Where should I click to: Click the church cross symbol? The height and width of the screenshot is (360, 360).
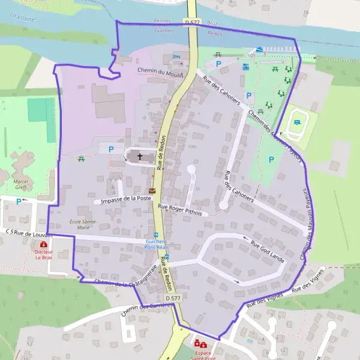(x=140, y=157)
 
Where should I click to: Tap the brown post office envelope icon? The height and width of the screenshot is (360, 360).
(x=152, y=191)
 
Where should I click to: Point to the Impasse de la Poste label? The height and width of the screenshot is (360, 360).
(x=127, y=199)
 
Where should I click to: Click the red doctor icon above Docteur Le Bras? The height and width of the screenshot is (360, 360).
(x=44, y=244)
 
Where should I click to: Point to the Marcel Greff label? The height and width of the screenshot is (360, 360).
(x=21, y=184)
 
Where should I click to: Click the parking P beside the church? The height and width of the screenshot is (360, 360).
(x=110, y=149)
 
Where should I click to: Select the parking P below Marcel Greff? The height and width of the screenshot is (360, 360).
(x=18, y=202)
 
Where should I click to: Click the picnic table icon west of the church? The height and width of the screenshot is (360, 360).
(x=80, y=159)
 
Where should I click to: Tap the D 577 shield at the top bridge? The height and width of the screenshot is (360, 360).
(x=191, y=22)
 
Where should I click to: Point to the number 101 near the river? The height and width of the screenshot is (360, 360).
(x=251, y=55)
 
